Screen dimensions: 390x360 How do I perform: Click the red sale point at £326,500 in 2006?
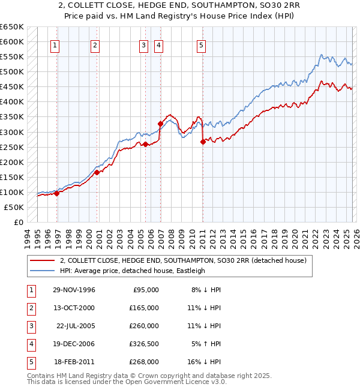pos(160,124)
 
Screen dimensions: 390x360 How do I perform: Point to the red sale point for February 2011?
pos(203,142)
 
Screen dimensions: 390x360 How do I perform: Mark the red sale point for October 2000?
pos(97,173)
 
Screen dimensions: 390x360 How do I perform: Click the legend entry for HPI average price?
pos(132,271)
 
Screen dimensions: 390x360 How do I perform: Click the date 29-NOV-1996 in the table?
pos(74,290)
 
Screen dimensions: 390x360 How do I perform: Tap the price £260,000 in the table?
pos(146,326)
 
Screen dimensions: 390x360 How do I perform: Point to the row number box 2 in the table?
pos(30,308)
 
